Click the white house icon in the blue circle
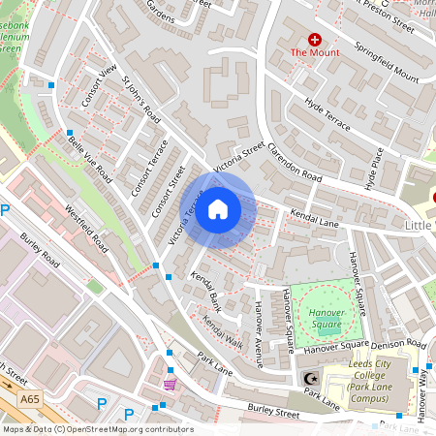point(218,209)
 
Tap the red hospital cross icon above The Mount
point(315,39)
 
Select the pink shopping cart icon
point(171,385)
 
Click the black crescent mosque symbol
point(311,378)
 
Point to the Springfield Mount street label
point(386,63)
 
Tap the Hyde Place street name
point(374,167)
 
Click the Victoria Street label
point(238,157)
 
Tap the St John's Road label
point(139,99)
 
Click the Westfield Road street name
point(86,225)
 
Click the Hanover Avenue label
point(258,334)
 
